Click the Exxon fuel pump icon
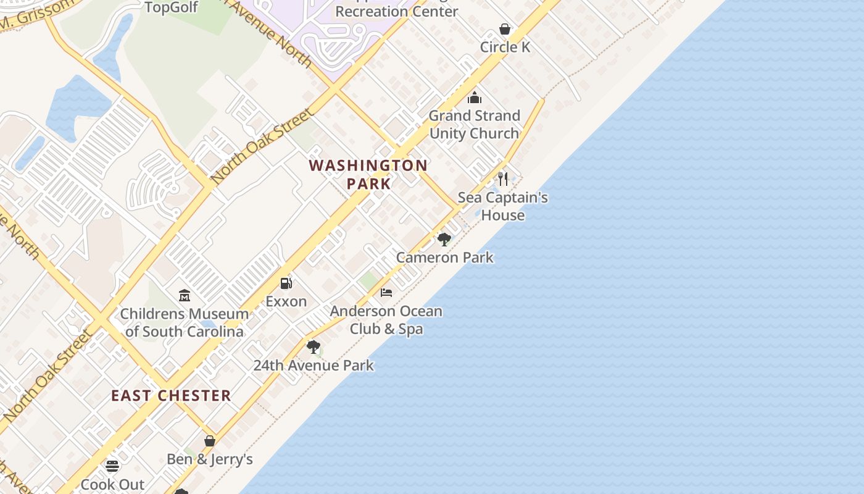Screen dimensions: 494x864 pos(286,283)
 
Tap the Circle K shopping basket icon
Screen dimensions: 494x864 pos(505,29)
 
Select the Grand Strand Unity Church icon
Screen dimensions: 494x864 pos(474,98)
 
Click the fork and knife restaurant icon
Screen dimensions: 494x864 pos(503,179)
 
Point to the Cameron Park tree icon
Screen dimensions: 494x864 pos(444,239)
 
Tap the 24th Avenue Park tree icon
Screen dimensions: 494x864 pos(314,347)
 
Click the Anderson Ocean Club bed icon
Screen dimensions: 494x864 pos(386,292)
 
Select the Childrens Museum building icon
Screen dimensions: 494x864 pos(184,296)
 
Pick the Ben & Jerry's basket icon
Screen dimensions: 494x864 pos(210,441)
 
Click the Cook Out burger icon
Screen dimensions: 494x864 pos(112,466)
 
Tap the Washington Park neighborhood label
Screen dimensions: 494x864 pos(368,174)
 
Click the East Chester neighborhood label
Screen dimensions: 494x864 pos(171,396)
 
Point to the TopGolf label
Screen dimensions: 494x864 pos(171,7)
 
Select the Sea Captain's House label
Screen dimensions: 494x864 pos(503,206)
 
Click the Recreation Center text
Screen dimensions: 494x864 pos(397,11)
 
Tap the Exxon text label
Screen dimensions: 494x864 pos(286,301)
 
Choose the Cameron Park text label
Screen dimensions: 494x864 pos(444,257)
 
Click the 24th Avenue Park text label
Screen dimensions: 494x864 pos(314,365)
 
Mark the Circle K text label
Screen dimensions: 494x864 pos(505,47)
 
